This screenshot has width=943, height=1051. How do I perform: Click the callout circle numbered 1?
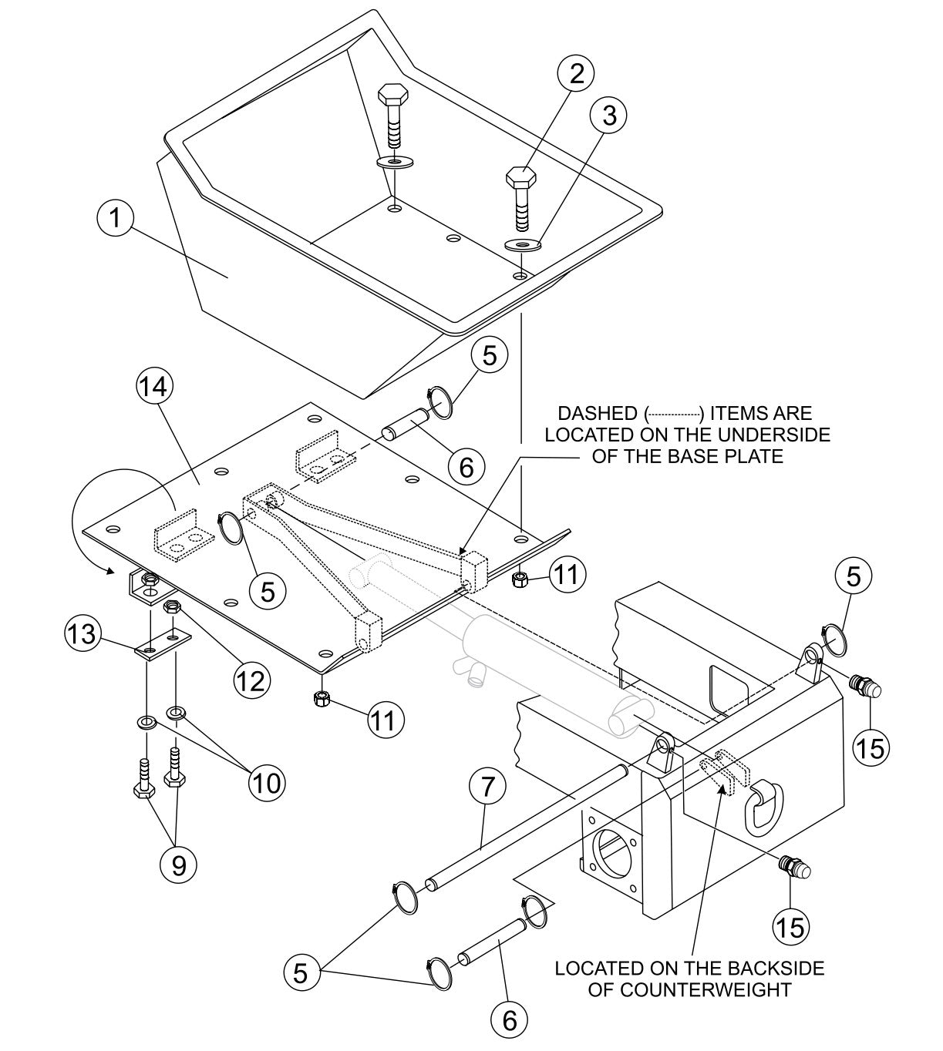click(115, 218)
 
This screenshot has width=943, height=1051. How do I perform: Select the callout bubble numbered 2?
click(577, 75)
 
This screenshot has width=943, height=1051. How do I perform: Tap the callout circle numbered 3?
click(608, 116)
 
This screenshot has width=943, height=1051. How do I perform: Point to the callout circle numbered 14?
click(154, 388)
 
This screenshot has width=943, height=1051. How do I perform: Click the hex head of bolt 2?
click(521, 176)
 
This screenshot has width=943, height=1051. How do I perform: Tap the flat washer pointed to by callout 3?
click(524, 245)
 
